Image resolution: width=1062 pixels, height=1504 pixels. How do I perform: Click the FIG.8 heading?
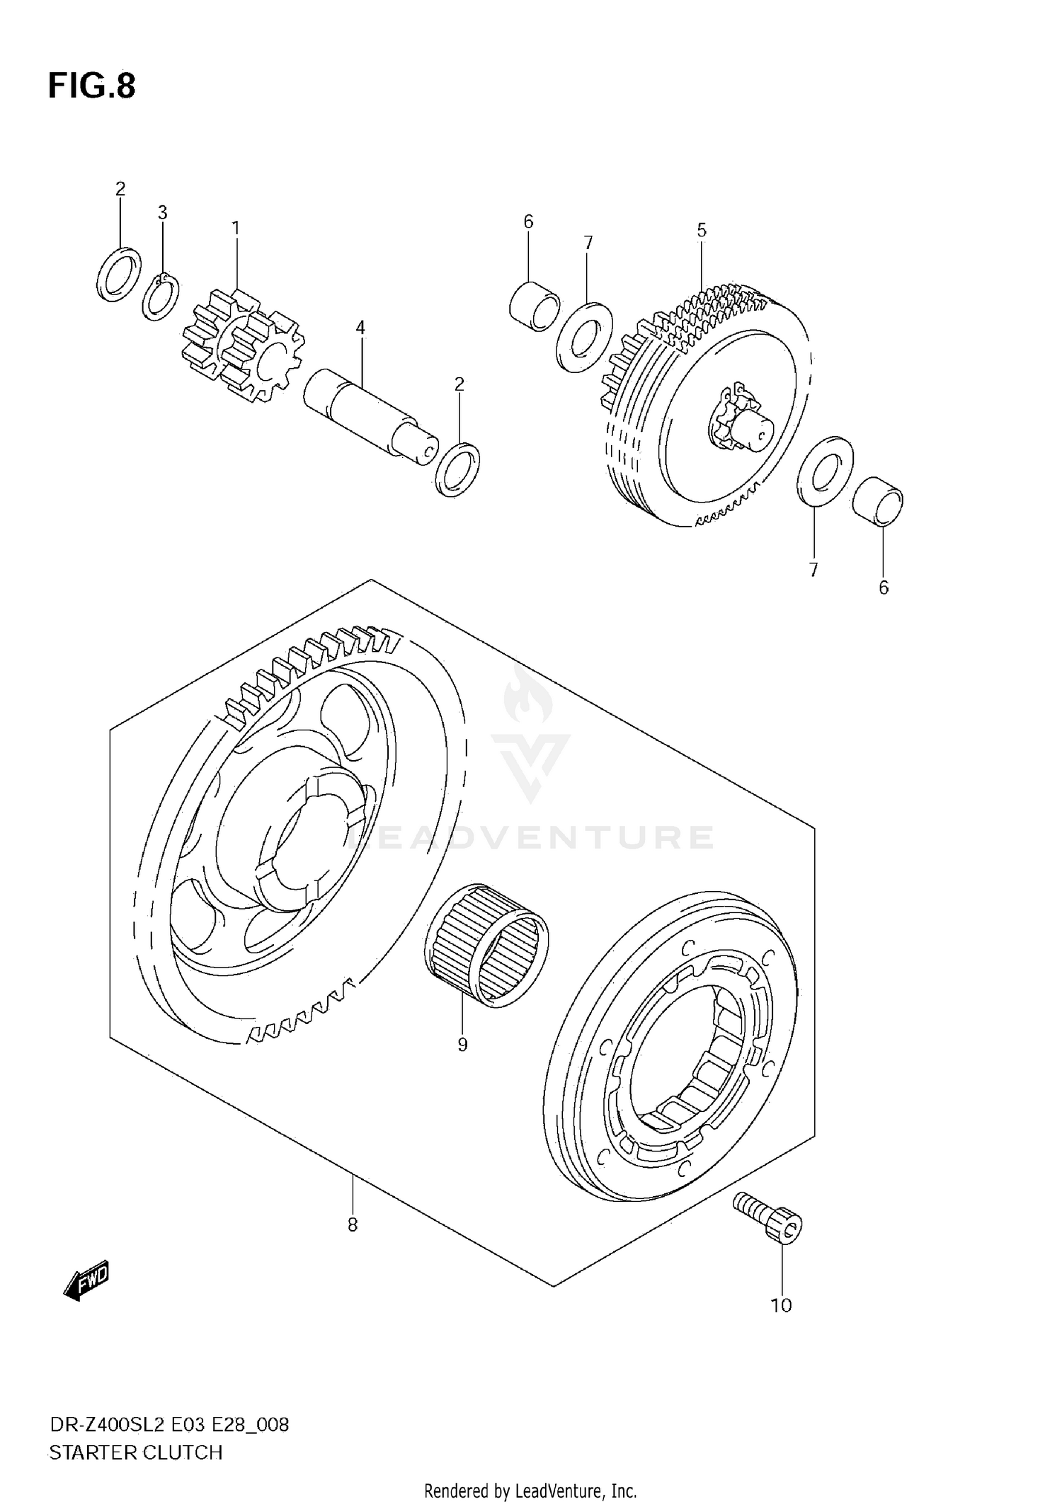pos(91,86)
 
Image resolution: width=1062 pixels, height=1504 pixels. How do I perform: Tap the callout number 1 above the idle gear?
pos(235,228)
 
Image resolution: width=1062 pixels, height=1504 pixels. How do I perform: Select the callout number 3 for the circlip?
pos(162,212)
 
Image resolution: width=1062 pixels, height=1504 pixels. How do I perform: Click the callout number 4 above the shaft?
pos(360,328)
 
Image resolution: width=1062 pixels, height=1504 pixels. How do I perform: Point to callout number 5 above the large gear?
pos(701,230)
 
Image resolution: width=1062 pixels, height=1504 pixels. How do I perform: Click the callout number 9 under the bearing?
pos(462,1045)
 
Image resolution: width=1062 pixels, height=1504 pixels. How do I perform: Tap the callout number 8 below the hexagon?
pos(353,1224)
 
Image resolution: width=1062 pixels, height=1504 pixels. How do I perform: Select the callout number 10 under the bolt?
pos(781,1305)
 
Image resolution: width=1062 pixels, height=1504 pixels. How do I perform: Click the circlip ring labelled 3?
pos(161,297)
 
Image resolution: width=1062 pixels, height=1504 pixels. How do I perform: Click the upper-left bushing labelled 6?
pos(535,306)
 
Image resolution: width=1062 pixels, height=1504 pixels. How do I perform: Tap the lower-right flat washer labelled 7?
pos(825,471)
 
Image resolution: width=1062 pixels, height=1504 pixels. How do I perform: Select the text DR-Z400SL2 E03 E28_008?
pos(169,1424)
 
